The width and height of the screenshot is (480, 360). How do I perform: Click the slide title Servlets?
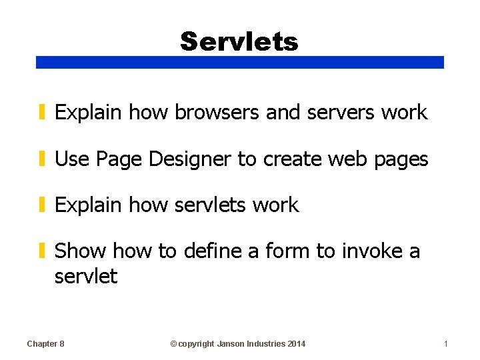click(239, 41)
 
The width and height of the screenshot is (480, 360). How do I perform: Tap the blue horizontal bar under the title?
click(239, 62)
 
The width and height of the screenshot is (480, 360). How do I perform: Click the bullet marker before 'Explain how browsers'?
click(41, 113)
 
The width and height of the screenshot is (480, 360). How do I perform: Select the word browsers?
click(217, 113)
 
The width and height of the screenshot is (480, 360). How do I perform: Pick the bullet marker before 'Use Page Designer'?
click(41, 159)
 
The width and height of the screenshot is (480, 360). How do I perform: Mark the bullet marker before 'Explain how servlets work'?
click(41, 205)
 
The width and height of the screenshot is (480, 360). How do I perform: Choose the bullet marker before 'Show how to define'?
click(41, 251)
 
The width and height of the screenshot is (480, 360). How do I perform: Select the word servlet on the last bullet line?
click(85, 276)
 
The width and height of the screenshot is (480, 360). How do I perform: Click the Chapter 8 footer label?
click(45, 344)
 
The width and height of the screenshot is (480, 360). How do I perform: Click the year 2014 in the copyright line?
click(297, 344)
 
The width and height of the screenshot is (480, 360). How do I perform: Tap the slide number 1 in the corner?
click(446, 344)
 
